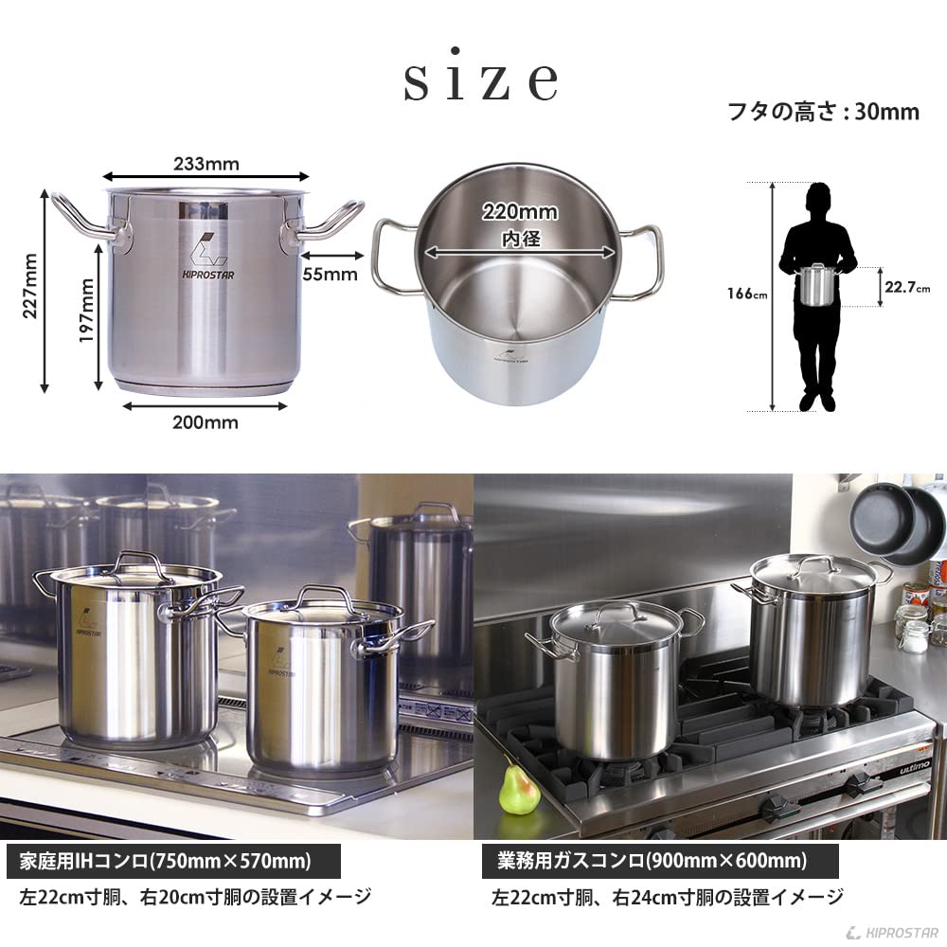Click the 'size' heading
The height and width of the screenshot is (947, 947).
[x=480, y=82]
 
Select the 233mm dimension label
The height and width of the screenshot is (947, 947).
[x=206, y=163]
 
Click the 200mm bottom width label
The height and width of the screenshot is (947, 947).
[x=205, y=422]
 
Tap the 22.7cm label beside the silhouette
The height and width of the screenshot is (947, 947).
[x=907, y=287]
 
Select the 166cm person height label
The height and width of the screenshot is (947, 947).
[x=747, y=294]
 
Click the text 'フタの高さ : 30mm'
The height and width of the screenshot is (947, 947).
[x=822, y=112]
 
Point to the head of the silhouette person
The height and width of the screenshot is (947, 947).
[x=820, y=201]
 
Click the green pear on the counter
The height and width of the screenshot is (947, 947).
[x=520, y=790]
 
